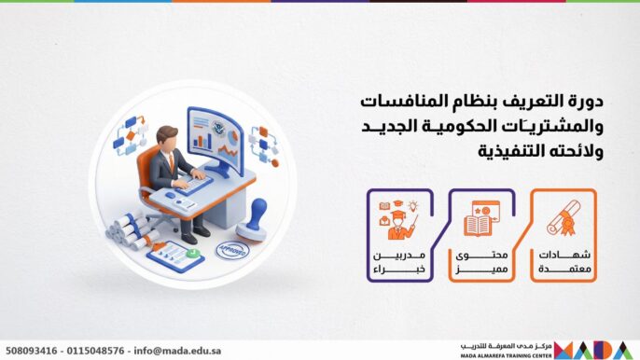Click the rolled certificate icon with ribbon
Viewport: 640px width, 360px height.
click(563, 219)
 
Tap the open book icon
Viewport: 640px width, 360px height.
click(483, 219)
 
